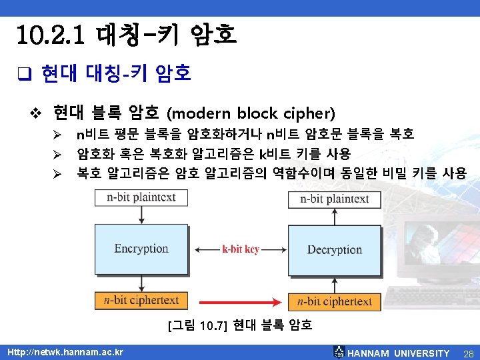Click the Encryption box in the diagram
coord(141,249)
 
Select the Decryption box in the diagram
coord(334,250)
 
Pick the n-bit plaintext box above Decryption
coord(334,199)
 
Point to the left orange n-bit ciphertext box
coord(141,301)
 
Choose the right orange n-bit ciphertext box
coord(334,301)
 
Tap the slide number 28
coord(468,353)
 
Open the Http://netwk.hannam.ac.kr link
coord(65,351)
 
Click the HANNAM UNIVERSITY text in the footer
coord(399,353)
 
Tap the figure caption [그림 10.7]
coord(199,326)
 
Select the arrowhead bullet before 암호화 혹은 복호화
coord(58,155)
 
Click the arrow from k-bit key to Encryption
coord(205,249)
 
